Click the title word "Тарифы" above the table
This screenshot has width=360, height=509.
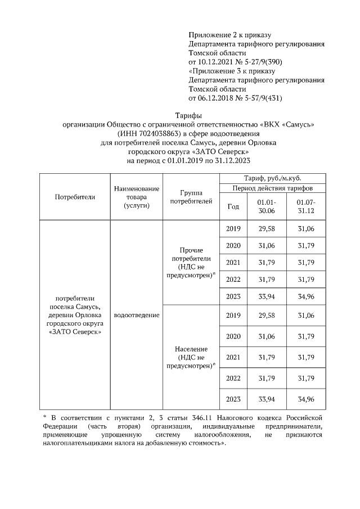[x=181, y=115]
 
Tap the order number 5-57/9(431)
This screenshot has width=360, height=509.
[x=258, y=98]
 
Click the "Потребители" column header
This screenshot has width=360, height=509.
[x=75, y=197]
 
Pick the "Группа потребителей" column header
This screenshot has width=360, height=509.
[x=191, y=196]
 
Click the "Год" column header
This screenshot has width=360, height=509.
[x=233, y=206]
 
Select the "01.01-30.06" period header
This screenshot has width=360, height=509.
[x=266, y=206]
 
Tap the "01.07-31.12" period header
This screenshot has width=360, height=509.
[x=306, y=206]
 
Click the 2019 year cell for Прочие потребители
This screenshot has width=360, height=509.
[x=233, y=228]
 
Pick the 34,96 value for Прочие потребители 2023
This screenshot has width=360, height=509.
[x=306, y=297]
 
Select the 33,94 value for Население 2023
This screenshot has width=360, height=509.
[x=266, y=399]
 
